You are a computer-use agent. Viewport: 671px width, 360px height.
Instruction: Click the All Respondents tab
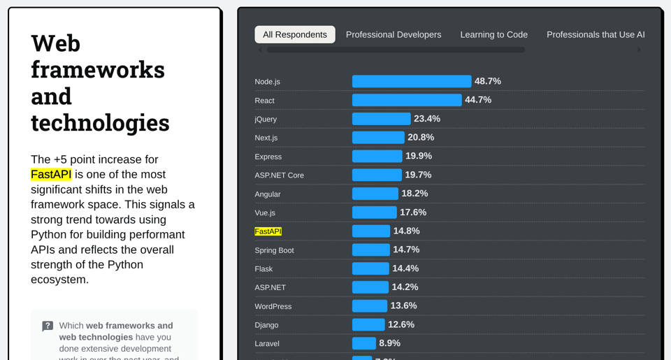point(295,35)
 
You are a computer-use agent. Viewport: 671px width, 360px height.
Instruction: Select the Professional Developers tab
point(394,35)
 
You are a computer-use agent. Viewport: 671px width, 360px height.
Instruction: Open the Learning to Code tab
point(493,35)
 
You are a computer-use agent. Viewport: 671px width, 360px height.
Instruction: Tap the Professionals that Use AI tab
point(596,35)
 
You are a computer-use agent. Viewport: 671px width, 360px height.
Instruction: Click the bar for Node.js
point(412,81)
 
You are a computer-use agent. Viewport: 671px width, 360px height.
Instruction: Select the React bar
point(407,100)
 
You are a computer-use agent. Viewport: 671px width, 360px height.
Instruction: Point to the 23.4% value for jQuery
point(427,119)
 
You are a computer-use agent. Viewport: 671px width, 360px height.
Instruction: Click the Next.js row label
point(266,138)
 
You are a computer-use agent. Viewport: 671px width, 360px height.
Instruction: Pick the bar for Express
point(377,156)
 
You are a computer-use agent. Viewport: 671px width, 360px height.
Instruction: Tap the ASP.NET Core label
point(280,175)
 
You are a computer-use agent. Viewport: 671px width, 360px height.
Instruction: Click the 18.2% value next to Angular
point(414,194)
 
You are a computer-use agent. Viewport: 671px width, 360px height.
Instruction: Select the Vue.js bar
point(374,213)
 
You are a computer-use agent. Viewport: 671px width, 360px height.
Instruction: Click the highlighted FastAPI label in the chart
point(268,231)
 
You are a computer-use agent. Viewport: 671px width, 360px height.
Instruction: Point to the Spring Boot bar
point(370,250)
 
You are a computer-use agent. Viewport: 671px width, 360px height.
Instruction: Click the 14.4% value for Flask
point(405,268)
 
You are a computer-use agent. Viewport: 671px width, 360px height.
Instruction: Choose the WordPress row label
point(273,306)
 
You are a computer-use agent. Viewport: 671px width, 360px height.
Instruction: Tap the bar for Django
point(368,324)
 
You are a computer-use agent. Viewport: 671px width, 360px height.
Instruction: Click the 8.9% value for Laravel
point(389,343)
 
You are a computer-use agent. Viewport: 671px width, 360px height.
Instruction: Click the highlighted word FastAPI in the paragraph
point(51,174)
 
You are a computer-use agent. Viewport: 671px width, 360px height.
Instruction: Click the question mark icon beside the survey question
point(48,326)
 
